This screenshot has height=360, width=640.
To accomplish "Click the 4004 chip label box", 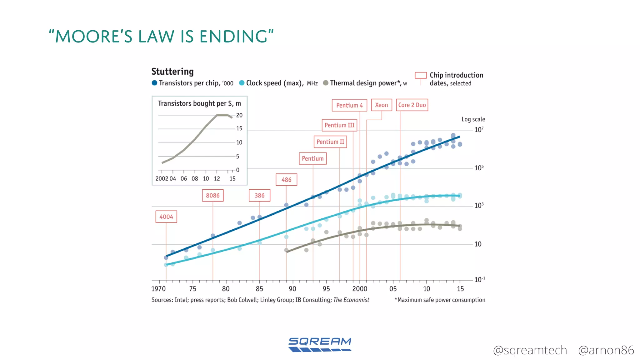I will [x=166, y=217].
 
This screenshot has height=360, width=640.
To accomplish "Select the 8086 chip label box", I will [x=212, y=195].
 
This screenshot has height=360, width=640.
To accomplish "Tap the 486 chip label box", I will [x=286, y=180].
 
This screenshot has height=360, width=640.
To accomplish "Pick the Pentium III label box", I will [x=339, y=125].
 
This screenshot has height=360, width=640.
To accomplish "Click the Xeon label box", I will [x=381, y=105].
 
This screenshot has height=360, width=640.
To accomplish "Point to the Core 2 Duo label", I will [x=412, y=105].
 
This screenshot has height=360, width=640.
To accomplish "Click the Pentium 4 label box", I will [x=349, y=105].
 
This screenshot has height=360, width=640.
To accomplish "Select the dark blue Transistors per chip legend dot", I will [x=154, y=83].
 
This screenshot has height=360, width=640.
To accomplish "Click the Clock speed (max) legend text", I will [x=274, y=83].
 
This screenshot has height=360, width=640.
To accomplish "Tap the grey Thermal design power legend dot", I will [x=326, y=83].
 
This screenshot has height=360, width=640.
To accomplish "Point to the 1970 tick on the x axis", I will [x=158, y=289].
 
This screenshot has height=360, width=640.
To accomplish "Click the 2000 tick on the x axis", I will [x=360, y=289].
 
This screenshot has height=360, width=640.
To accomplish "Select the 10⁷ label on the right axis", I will [x=479, y=130].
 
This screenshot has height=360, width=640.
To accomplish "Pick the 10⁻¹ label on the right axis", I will [x=479, y=279].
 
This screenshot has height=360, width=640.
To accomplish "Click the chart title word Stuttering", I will [x=172, y=72].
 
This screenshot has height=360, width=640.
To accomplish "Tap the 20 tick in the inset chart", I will [x=239, y=115].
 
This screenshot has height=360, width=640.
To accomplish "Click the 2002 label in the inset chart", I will [x=162, y=179].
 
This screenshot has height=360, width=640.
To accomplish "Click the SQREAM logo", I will [x=320, y=345].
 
